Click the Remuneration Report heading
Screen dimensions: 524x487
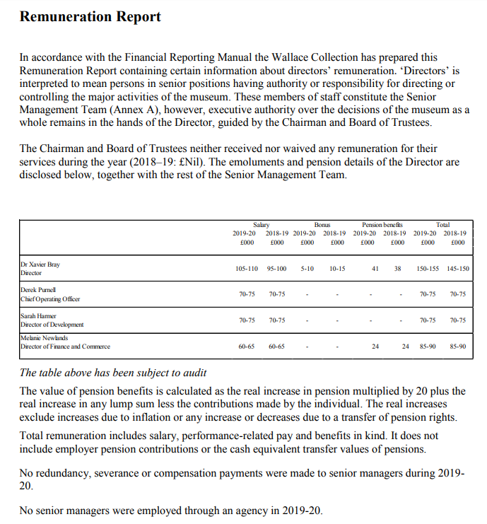click(90, 16)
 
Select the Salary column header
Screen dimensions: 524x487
click(261, 224)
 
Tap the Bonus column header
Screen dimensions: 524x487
click(323, 224)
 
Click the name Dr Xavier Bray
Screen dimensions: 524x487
click(40, 264)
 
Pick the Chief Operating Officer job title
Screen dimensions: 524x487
click(50, 299)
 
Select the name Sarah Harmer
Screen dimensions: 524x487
click(39, 316)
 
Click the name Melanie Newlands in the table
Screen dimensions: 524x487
click(44, 339)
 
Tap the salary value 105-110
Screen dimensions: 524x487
click(246, 269)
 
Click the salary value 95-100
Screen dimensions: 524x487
click(276, 269)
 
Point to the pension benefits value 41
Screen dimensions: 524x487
click(375, 269)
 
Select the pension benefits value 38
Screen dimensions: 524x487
click(397, 269)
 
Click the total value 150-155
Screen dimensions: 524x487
click(428, 269)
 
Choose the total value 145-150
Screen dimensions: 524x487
click(458, 269)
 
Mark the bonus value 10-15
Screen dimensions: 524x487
click(337, 269)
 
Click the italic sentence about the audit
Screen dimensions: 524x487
click(113, 373)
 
